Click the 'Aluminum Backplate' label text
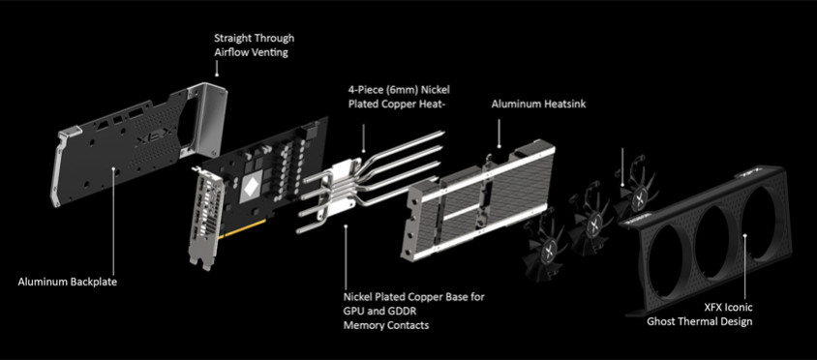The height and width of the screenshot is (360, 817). coord(68,283)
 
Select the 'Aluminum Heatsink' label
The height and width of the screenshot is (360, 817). coord(539,105)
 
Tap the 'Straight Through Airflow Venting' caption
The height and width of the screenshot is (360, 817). coord(255,45)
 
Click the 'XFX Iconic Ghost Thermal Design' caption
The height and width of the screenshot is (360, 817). coord(700,315)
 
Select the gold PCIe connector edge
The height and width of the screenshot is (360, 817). coord(243,229)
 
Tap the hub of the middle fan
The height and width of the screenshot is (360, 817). coord(592,226)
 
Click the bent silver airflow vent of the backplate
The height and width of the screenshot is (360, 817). coord(206,120)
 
